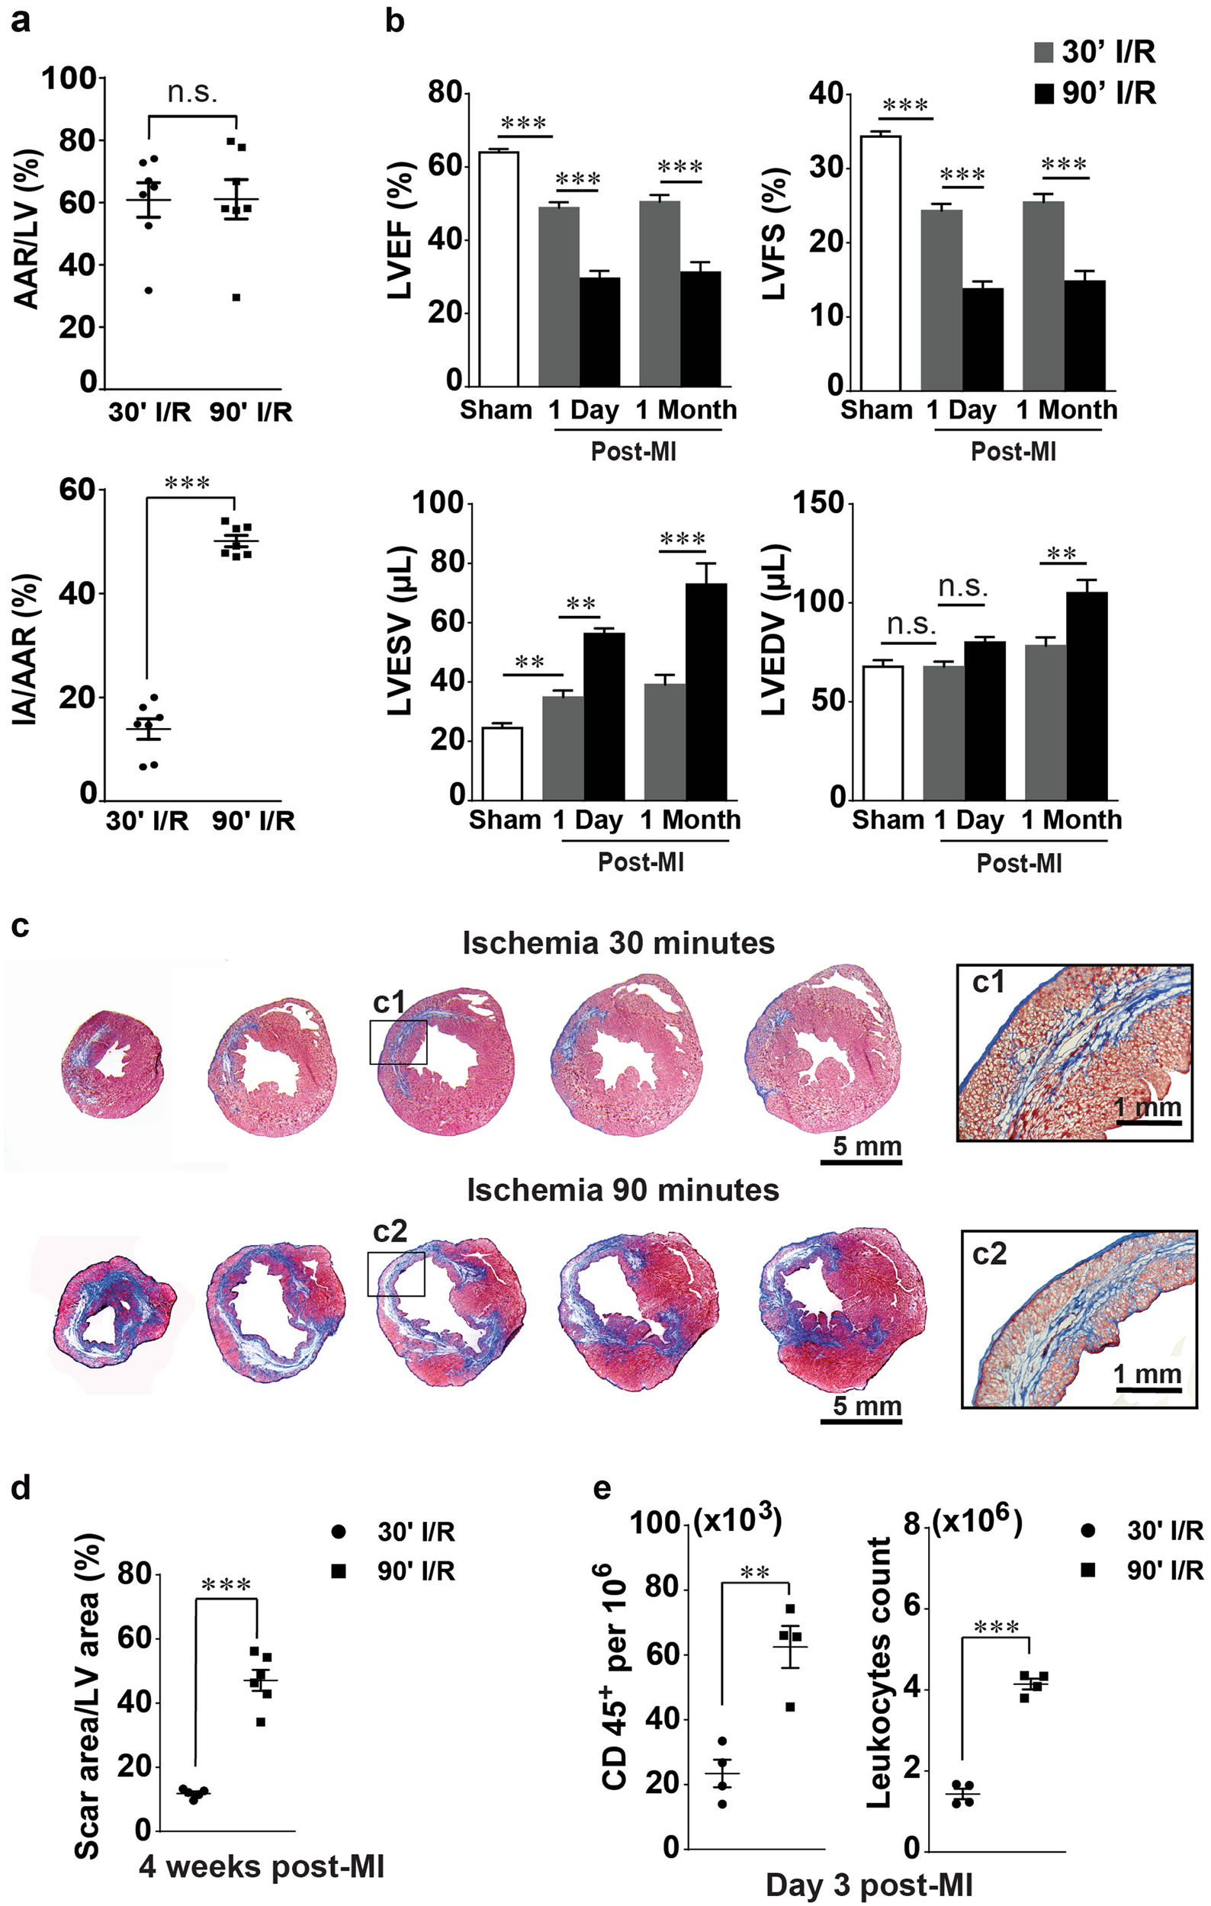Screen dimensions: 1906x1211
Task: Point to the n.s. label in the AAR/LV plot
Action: click(x=192, y=92)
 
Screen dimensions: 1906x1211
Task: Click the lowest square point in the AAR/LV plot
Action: click(x=235, y=297)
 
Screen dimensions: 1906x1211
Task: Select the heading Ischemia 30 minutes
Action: click(x=618, y=943)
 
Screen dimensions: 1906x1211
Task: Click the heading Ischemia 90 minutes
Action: click(x=623, y=1189)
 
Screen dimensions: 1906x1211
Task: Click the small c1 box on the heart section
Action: click(x=398, y=1041)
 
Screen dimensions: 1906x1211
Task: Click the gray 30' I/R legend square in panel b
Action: click(x=1044, y=53)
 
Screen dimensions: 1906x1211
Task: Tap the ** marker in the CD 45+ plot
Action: click(x=755, y=1572)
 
